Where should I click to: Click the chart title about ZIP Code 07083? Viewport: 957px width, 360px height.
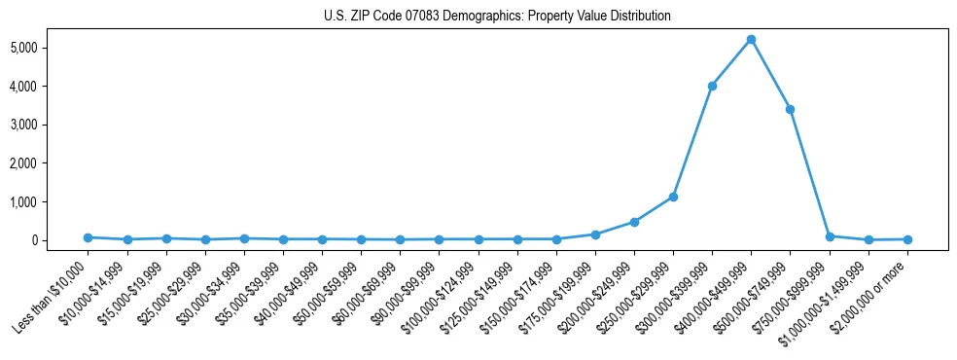coord(497,17)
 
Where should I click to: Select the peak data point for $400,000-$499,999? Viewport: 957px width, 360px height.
coord(751,40)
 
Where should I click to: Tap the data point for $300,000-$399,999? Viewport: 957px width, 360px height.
coord(712,86)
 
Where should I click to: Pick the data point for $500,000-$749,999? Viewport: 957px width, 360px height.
coord(790,109)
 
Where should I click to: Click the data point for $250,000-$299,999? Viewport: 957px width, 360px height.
coord(673,197)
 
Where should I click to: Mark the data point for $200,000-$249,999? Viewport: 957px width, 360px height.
coord(634,222)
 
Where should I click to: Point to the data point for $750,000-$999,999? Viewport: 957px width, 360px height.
coord(830,236)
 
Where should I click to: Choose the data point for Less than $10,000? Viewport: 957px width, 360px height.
coord(88,237)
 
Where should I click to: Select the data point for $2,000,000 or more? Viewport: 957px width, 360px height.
coord(907,239)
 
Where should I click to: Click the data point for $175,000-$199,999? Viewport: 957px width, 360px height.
coord(595,234)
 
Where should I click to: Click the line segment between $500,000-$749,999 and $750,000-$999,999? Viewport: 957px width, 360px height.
coord(809,172)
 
